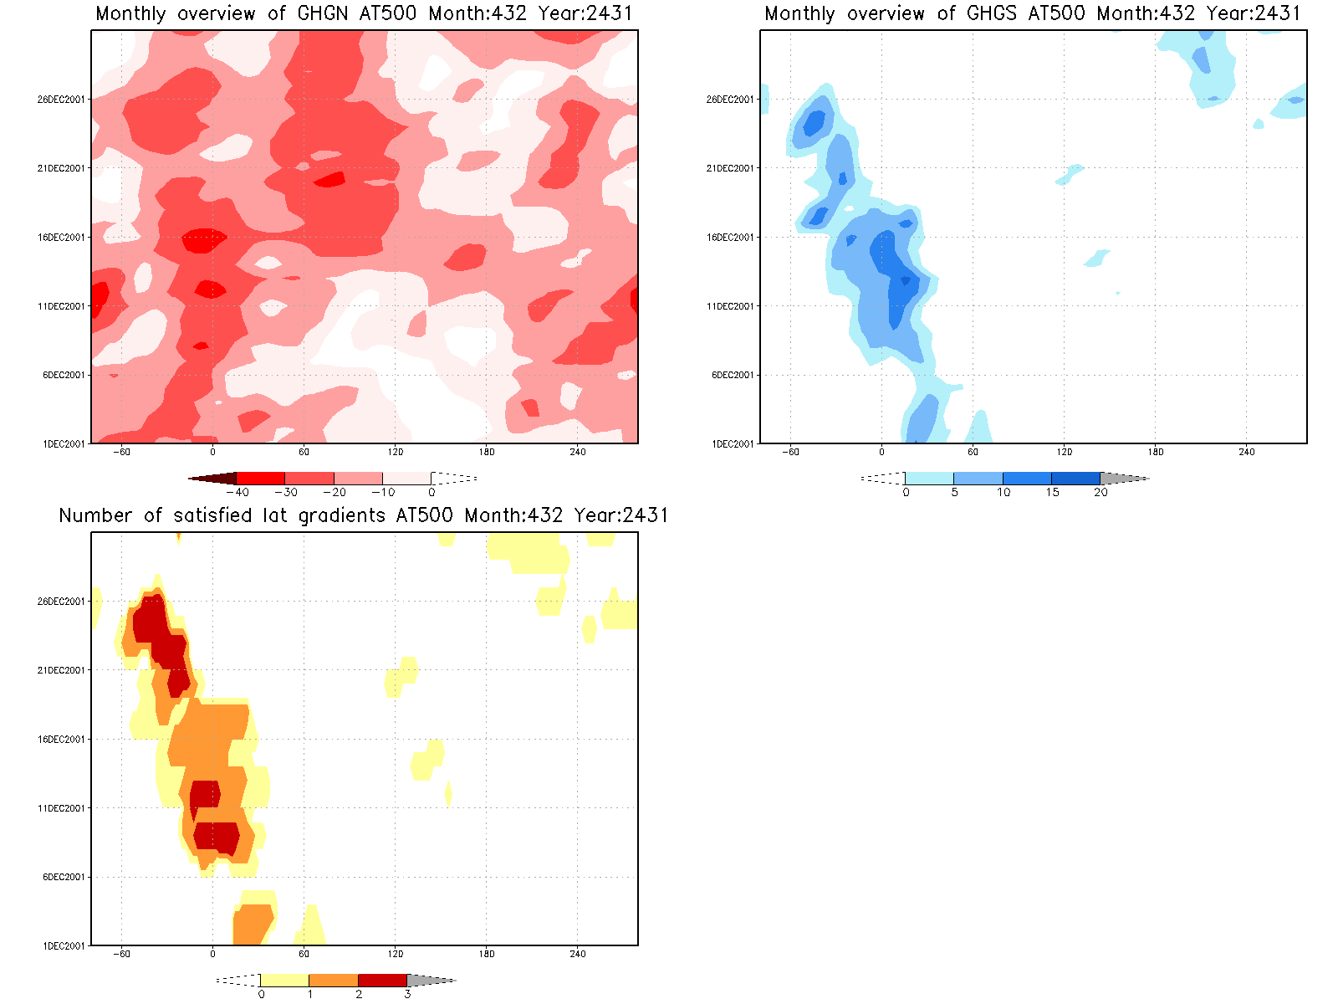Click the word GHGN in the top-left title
pos(323,14)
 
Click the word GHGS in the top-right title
pos(992,14)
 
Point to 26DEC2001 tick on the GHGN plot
pos(61,100)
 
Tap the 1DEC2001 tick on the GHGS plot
pos(733,444)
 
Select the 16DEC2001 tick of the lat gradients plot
pos(61,740)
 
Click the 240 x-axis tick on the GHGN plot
pos(578,453)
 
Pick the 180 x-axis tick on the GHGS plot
pos(1156,453)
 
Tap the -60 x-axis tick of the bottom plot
pos(121,955)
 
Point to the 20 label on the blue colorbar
pos(1101,493)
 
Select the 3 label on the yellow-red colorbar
pos(407,995)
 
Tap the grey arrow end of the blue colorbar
pos(1124,479)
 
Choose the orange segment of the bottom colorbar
pos(334,981)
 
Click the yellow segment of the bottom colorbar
pos(284,981)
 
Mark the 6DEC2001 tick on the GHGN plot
pos(64,376)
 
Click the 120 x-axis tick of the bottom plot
pos(395,955)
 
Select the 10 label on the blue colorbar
pos(1004,493)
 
